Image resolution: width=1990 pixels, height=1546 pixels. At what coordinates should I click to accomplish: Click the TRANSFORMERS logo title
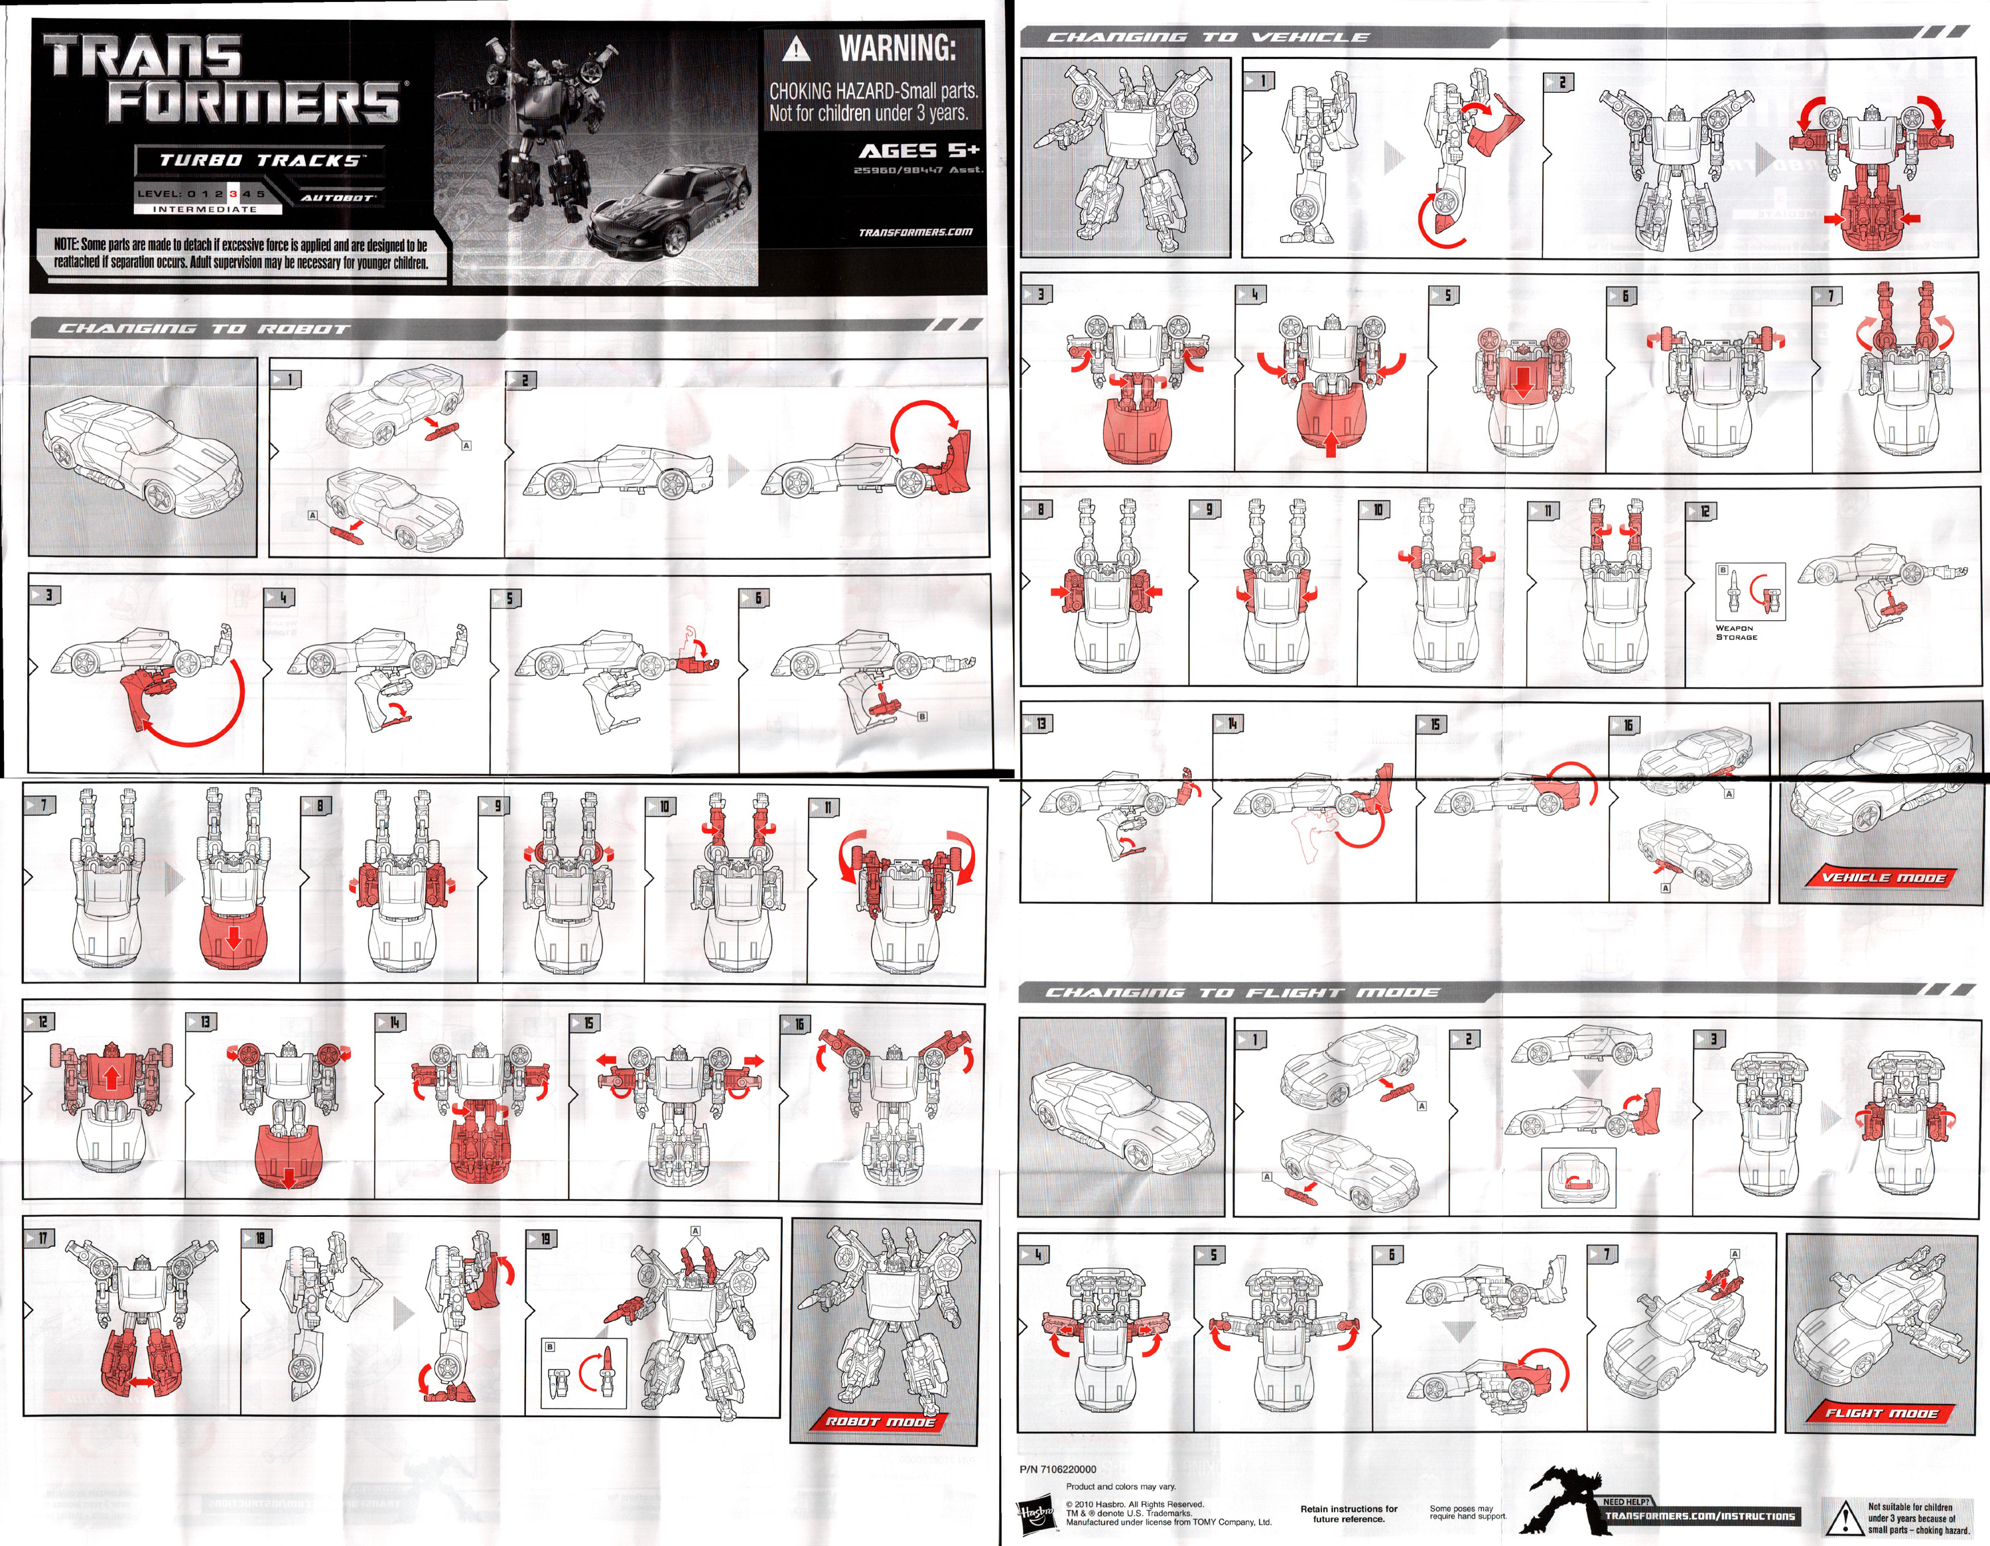click(x=224, y=80)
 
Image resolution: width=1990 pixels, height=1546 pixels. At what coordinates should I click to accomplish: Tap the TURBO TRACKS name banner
click(x=259, y=161)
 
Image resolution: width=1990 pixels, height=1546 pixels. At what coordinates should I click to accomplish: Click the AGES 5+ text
click(x=919, y=151)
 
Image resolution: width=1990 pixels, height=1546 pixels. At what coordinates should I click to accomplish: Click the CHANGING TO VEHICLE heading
click(x=1207, y=37)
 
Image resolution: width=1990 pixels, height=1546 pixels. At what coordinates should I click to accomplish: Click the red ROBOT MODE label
click(x=880, y=1421)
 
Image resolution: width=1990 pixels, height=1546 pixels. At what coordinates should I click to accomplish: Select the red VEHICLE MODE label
click(x=1883, y=877)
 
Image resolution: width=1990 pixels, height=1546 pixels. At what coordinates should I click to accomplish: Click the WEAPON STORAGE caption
click(x=1736, y=632)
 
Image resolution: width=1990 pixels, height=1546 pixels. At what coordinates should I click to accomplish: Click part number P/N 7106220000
click(x=1058, y=1468)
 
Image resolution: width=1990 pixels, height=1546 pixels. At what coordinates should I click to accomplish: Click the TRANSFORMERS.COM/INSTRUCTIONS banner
click(x=1699, y=1516)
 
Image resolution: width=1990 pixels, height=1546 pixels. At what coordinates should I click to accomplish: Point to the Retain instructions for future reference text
click(x=1349, y=1514)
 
